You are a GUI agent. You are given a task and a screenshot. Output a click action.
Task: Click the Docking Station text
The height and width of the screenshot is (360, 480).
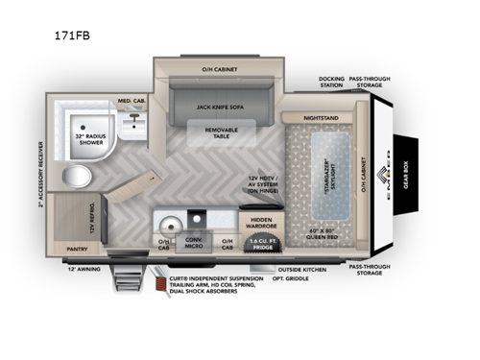[x=331, y=83]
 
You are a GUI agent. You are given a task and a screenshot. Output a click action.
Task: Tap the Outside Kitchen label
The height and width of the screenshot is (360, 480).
[x=301, y=270]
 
